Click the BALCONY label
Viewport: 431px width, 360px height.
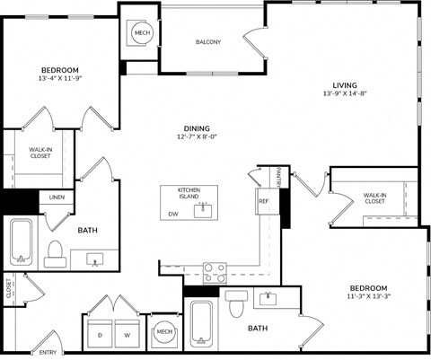tap(207, 42)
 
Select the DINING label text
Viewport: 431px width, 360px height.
tap(197, 128)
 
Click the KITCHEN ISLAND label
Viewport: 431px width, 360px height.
tap(188, 194)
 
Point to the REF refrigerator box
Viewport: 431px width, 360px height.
tap(264, 201)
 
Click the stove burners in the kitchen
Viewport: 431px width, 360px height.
tap(215, 271)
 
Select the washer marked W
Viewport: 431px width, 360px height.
tap(126, 334)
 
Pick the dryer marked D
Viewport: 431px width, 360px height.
tap(100, 334)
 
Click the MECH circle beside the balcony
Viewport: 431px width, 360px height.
tap(142, 33)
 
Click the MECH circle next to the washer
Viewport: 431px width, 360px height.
tap(164, 332)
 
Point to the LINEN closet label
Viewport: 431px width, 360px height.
tap(57, 197)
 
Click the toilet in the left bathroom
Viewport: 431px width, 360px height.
tap(55, 253)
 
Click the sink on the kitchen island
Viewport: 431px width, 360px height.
tap(203, 210)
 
